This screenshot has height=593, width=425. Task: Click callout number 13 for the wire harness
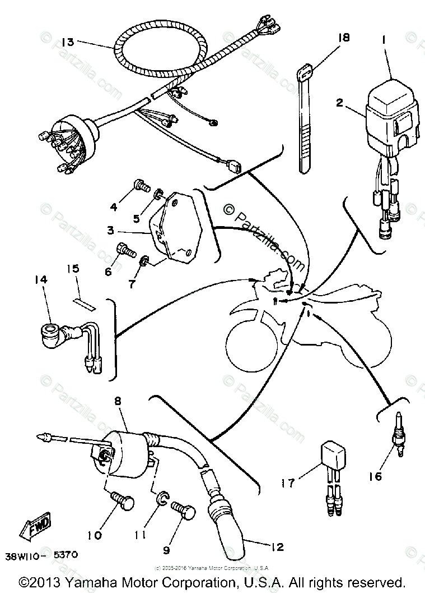[x=68, y=42]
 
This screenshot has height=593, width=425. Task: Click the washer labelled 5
[x=159, y=195]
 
